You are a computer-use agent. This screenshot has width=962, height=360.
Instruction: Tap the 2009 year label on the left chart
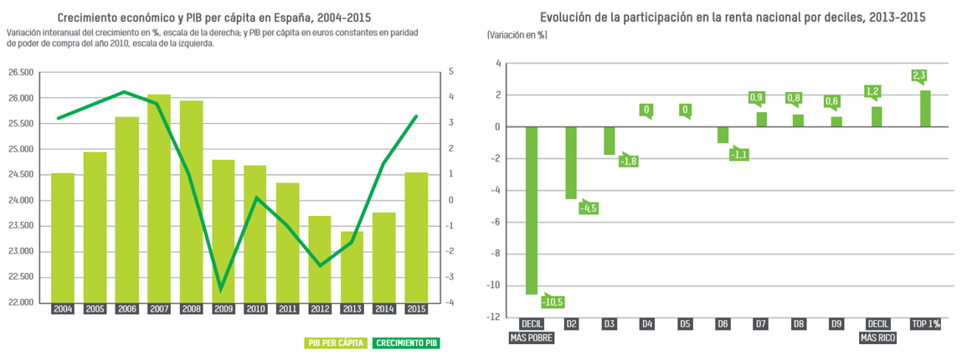(224, 309)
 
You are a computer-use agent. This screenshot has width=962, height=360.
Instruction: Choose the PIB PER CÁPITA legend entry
(336, 343)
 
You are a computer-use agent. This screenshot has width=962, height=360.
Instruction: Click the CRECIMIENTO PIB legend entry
(407, 343)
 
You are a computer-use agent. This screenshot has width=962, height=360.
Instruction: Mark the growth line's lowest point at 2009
(222, 291)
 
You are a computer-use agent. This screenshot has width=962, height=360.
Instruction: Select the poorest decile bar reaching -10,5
(531, 210)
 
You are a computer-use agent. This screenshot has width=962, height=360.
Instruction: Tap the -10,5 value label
(553, 301)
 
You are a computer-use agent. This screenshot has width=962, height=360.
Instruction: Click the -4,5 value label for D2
(589, 208)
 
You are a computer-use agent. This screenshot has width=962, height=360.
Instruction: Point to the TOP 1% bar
(925, 109)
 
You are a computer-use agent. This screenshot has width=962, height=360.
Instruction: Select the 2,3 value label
(918, 76)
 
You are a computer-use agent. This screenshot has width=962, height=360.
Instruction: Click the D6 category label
(723, 324)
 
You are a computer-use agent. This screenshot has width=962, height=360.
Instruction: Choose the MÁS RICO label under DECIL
(878, 338)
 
